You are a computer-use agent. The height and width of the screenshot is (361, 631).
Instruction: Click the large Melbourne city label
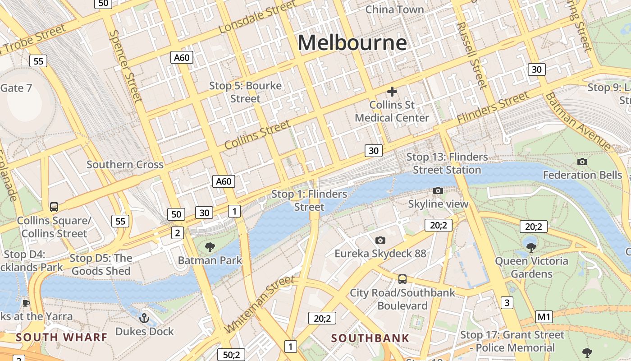(x=352, y=43)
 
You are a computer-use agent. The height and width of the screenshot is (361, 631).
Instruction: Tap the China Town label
(x=394, y=9)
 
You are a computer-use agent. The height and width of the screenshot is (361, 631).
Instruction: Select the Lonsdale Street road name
(x=258, y=17)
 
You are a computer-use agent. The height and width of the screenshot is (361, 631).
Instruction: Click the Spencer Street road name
(x=126, y=66)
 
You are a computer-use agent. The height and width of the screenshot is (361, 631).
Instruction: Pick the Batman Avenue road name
(x=578, y=121)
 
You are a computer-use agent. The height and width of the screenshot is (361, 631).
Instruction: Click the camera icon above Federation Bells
(x=582, y=162)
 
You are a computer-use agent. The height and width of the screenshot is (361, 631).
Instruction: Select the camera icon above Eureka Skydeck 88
(x=380, y=240)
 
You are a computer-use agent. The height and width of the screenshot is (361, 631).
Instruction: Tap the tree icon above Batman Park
(x=210, y=247)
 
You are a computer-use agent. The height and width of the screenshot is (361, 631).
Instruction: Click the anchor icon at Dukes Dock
(x=144, y=318)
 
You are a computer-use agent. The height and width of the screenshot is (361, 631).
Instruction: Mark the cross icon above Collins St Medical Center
(x=392, y=92)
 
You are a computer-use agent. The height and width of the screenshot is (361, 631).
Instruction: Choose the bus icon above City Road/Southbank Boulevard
(x=402, y=279)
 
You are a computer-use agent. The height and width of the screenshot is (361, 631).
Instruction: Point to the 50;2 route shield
(x=231, y=355)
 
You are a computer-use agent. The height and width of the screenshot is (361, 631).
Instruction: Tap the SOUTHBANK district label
(x=370, y=338)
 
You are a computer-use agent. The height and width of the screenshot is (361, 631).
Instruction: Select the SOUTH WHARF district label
(x=62, y=337)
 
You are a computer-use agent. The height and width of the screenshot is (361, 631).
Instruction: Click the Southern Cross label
(x=125, y=164)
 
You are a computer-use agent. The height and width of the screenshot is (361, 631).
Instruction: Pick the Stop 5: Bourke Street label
(x=245, y=92)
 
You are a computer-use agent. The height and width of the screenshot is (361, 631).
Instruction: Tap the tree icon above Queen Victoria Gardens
(x=531, y=247)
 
